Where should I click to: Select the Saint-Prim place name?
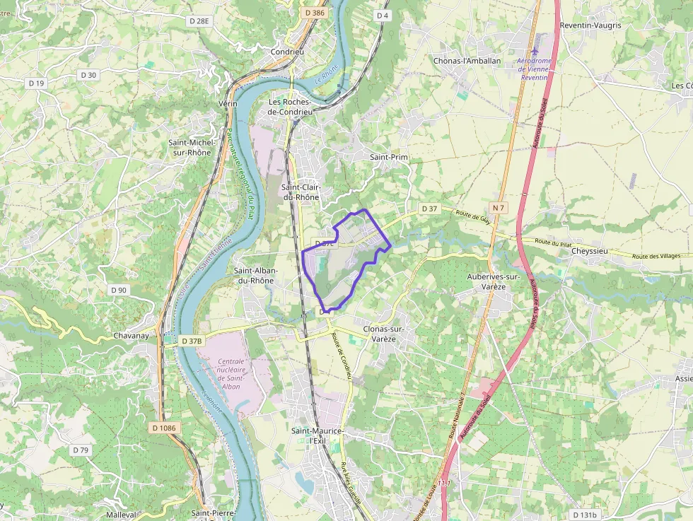390,157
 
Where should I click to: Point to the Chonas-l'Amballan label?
467,61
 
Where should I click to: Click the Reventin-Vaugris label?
590,25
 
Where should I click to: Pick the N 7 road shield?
499,207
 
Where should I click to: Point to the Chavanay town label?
132,336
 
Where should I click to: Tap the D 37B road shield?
192,341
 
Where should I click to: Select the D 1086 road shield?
163,428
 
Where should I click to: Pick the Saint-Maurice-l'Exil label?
318,435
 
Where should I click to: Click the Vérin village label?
228,104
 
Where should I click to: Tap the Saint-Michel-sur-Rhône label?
190,147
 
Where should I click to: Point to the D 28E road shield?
199,21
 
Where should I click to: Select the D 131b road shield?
584,515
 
